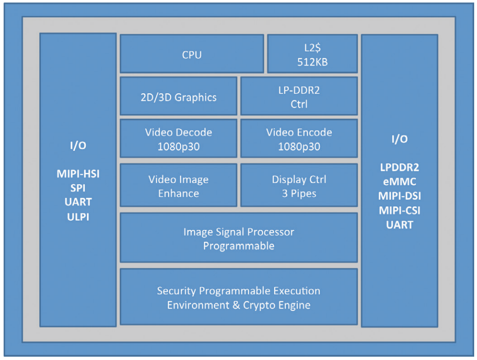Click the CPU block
pyautogui.click(x=192, y=54)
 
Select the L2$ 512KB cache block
pyautogui.click(x=312, y=54)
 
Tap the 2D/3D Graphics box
pyautogui.click(x=179, y=97)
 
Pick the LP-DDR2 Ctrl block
pyautogui.click(x=299, y=97)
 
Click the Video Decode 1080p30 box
pyautogui.click(x=179, y=139)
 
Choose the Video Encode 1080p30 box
pyautogui.click(x=299, y=139)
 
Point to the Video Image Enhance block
pyautogui.click(x=179, y=186)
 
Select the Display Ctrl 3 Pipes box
pyautogui.click(x=299, y=186)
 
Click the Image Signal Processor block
pyautogui.click(x=238, y=238)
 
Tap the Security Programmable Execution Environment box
pyautogui.click(x=238, y=297)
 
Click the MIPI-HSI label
pyautogui.click(x=78, y=174)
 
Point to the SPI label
pyautogui.click(x=78, y=188)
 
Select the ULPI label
pyautogui.click(x=78, y=217)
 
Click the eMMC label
pyautogui.click(x=399, y=182)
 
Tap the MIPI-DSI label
pyautogui.click(x=399, y=196)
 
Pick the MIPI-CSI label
pyautogui.click(x=399, y=211)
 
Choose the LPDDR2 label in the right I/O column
pyautogui.click(x=399, y=167)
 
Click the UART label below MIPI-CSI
pyautogui.click(x=399, y=225)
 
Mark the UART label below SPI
pyautogui.click(x=78, y=202)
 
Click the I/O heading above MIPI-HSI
pyautogui.click(x=78, y=145)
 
